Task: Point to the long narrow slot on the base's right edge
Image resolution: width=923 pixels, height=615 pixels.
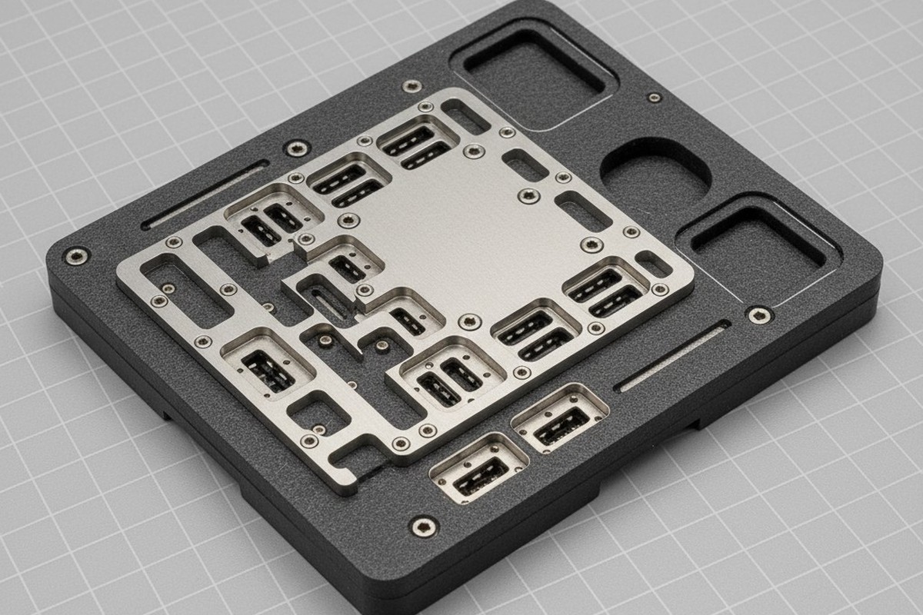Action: (x=674, y=357)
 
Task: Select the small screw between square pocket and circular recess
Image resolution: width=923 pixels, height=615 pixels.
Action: (x=654, y=98)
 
